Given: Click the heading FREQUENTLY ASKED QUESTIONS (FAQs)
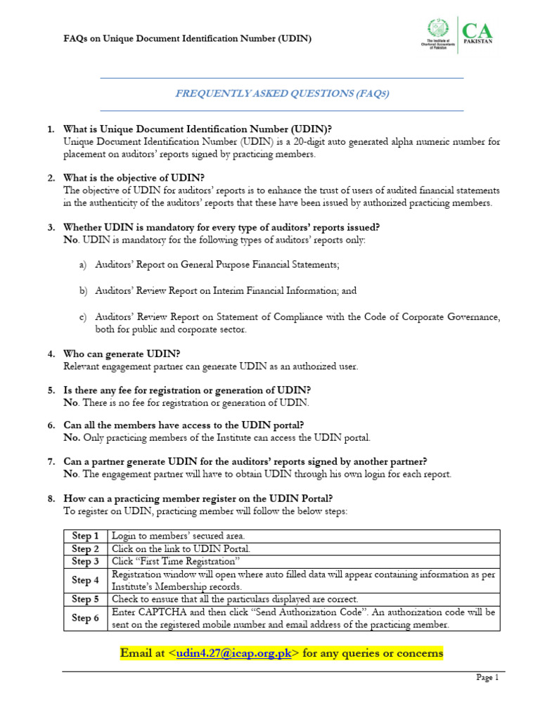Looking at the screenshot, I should tap(281, 94).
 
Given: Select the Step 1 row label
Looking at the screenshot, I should tap(86, 536).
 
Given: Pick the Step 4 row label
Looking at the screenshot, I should tap(86, 580).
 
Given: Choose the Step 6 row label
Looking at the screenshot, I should tap(86, 618).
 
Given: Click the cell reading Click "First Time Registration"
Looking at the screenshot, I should tap(176, 561).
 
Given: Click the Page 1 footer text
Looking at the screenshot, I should tap(487, 678).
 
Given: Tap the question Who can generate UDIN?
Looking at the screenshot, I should tap(120, 354).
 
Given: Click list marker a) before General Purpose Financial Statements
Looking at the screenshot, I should tap(82, 264).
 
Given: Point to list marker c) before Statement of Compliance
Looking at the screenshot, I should tap(82, 317).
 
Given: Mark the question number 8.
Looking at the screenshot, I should tap(51, 499).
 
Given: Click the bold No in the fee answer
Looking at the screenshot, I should tap(70, 403).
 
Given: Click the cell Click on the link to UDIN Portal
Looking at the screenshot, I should tap(181, 548).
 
